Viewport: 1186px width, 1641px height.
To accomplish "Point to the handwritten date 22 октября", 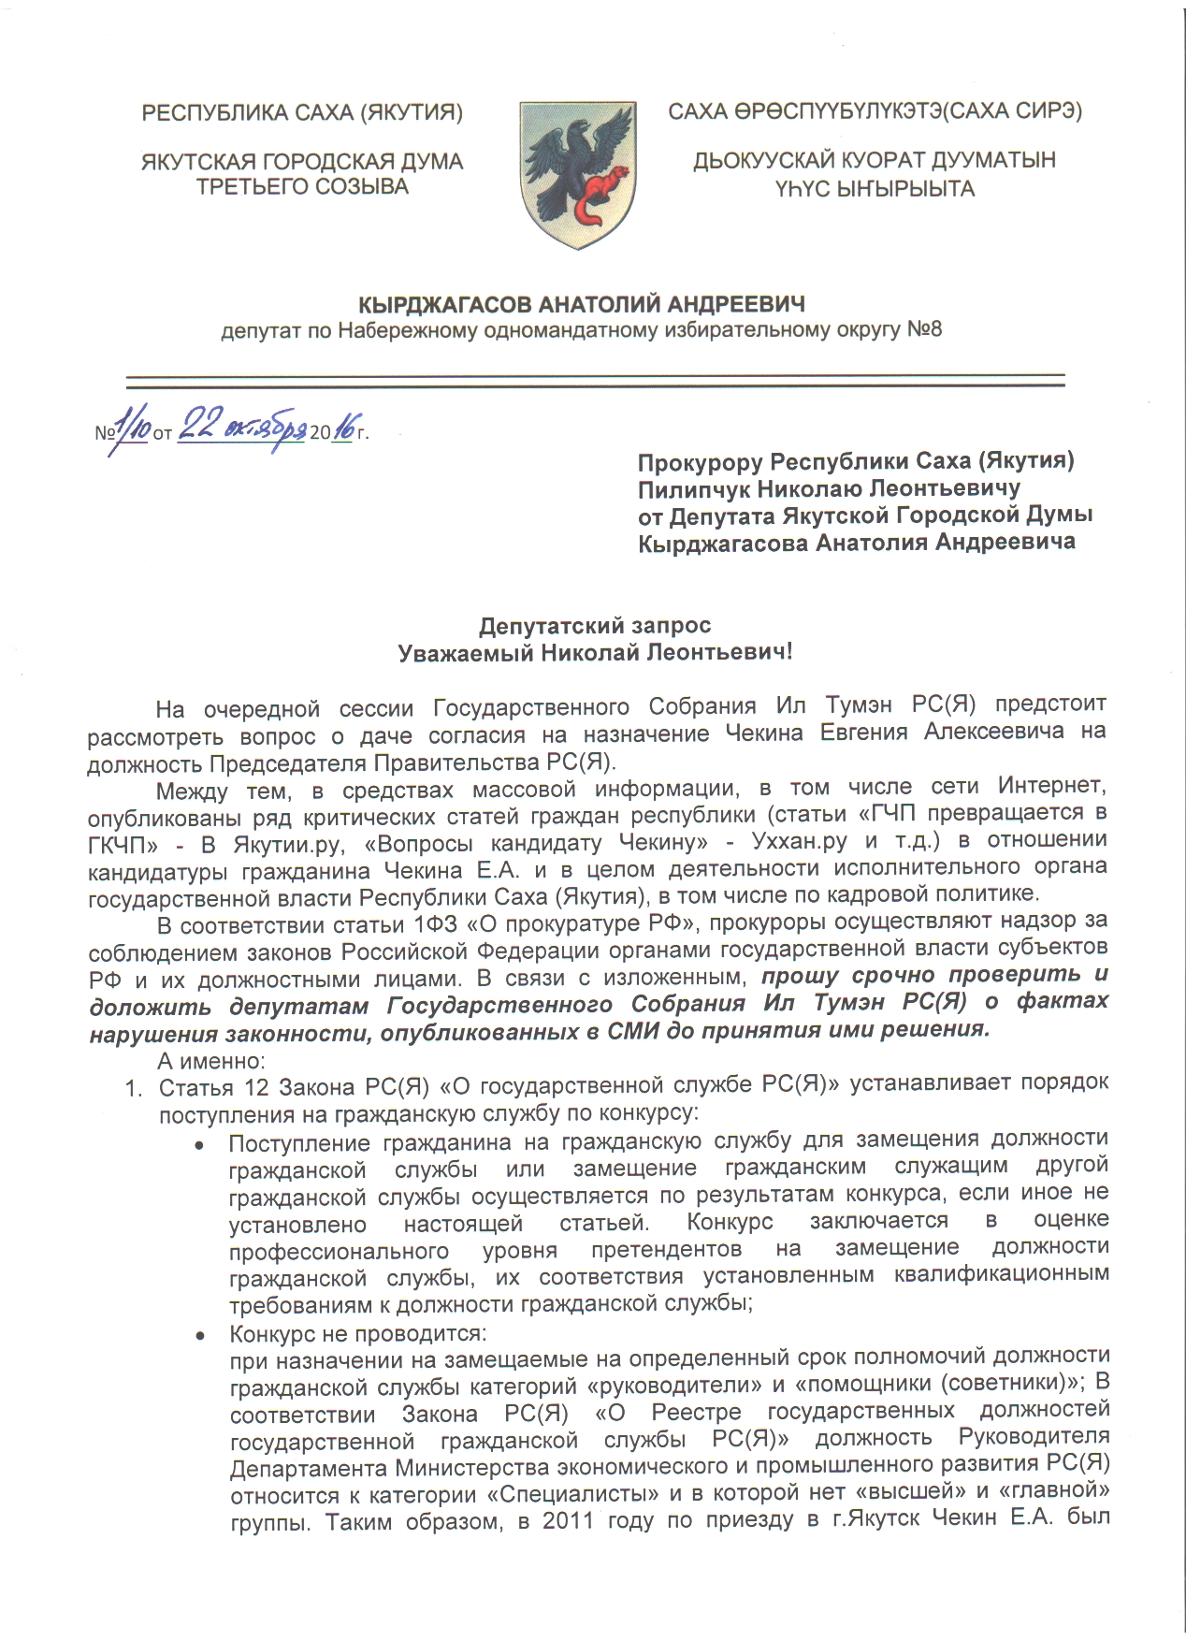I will coord(241,429).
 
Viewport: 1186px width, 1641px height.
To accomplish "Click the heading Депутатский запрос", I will coord(595,625).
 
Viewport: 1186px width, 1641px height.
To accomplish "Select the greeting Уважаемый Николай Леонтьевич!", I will coord(595,652).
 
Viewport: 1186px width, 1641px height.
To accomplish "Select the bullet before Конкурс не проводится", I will coord(199,1333).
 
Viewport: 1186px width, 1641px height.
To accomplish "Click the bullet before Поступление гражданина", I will coord(199,1143).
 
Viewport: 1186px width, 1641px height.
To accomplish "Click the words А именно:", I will coord(211,1061).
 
